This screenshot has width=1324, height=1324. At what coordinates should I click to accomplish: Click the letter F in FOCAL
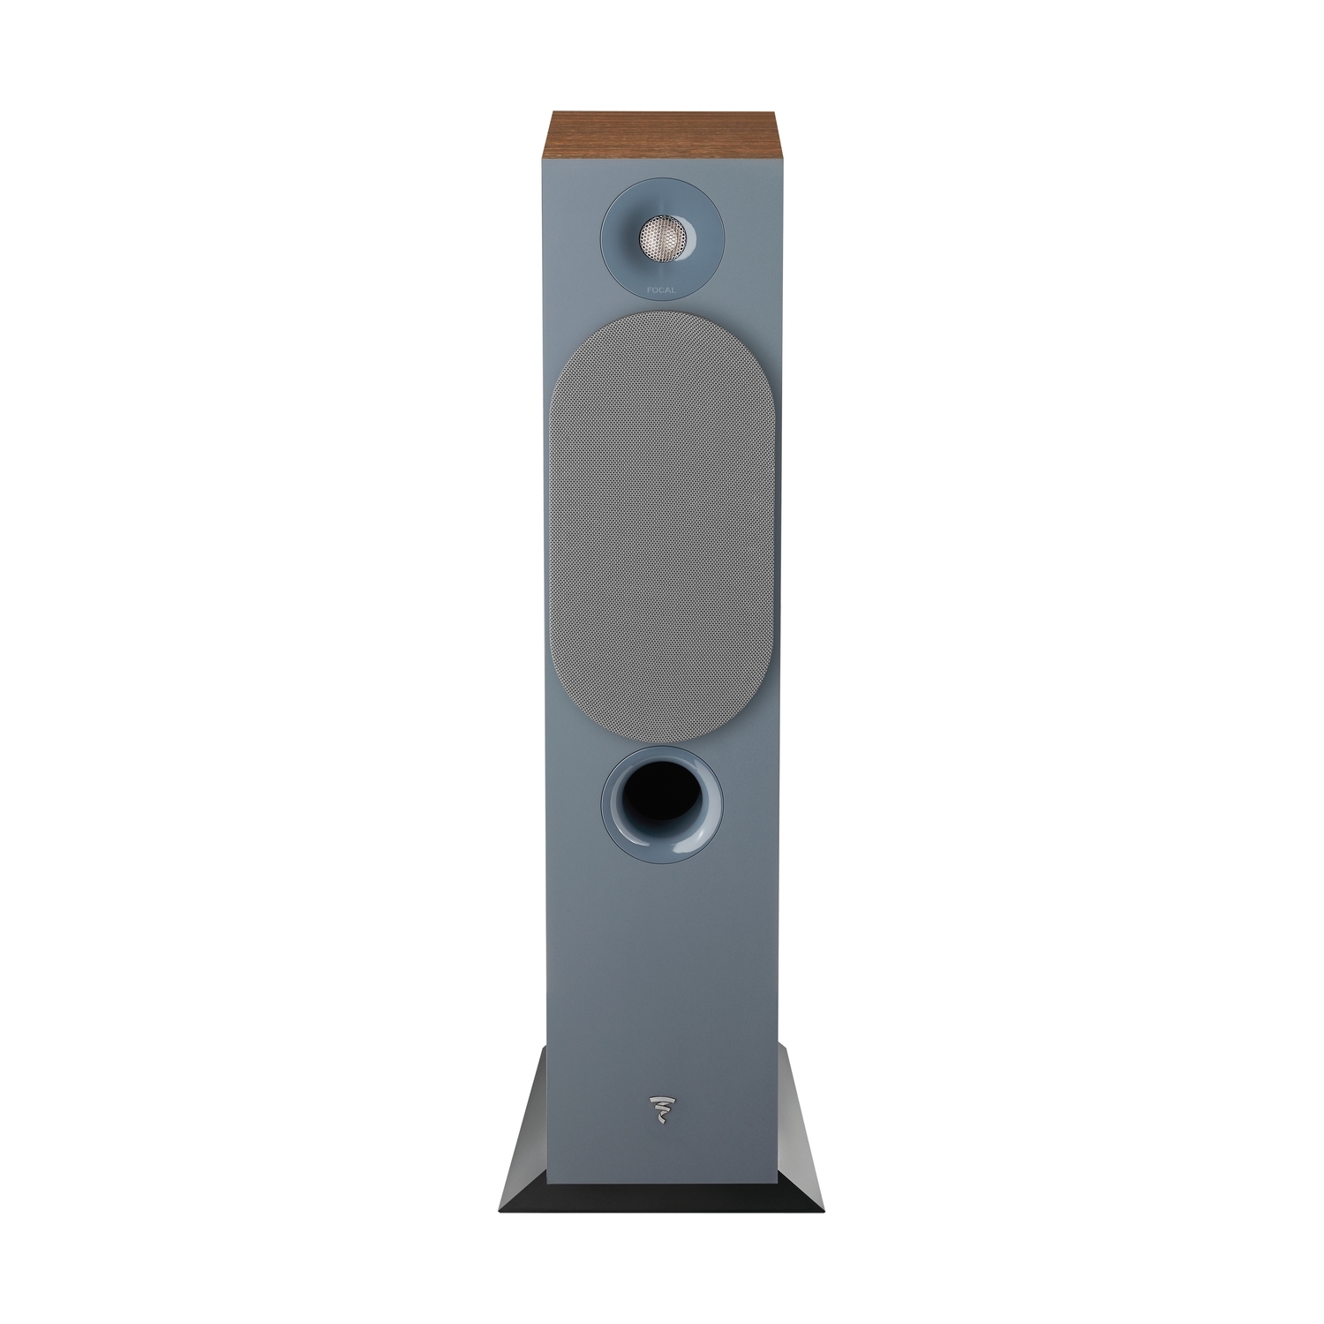[x=649, y=288]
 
